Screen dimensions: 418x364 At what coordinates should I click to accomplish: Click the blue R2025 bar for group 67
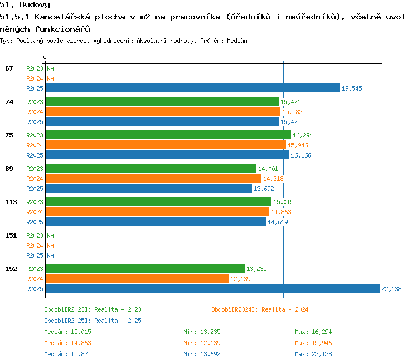[193, 88]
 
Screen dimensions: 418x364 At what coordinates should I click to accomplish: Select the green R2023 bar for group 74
[162, 101]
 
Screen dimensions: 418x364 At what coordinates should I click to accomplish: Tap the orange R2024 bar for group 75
[166, 145]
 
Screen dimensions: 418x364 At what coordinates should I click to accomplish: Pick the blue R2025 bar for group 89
[149, 188]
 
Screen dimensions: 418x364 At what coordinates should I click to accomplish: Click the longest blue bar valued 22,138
[212, 288]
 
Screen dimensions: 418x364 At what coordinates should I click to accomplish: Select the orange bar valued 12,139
[137, 278]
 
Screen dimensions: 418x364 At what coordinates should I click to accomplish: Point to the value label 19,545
[352, 88]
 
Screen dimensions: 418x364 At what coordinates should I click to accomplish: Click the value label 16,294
[303, 136]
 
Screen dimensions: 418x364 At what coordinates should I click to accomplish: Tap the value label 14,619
[278, 222]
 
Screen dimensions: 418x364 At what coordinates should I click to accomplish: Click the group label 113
[11, 202]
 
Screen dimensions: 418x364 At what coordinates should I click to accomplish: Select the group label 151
[11, 235]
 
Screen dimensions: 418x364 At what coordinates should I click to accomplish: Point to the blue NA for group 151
[50, 255]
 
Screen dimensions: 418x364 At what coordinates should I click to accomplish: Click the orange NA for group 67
[50, 78]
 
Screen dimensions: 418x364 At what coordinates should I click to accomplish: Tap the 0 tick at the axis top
[45, 57]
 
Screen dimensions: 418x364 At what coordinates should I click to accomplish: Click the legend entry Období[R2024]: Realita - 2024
[260, 309]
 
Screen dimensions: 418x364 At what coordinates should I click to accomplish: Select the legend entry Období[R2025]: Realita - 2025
[93, 321]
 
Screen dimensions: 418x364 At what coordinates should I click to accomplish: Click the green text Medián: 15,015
[67, 332]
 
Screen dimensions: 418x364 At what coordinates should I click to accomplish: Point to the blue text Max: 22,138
[313, 354]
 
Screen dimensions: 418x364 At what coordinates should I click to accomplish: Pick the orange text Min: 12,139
[202, 343]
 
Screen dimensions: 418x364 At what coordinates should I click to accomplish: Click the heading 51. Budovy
[25, 4]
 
